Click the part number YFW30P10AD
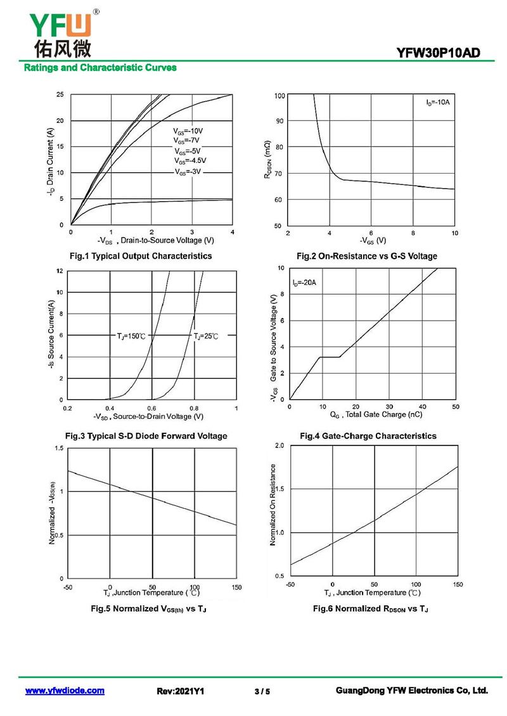(438, 53)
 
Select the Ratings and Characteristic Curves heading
(100, 68)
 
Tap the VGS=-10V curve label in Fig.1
(188, 131)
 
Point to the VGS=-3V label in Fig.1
(188, 172)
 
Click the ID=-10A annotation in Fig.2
(437, 102)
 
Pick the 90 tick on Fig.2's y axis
(279, 121)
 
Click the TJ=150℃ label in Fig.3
(131, 336)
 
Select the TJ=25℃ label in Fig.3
(206, 336)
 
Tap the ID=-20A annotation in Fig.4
(304, 283)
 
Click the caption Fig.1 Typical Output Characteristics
(141, 256)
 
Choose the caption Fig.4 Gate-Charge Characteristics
(368, 436)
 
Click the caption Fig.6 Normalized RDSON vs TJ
(371, 609)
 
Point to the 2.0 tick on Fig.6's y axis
(279, 445)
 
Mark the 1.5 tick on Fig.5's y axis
(60, 449)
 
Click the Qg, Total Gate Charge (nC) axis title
(376, 414)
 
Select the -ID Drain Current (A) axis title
(50, 162)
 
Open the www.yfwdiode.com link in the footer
(65, 691)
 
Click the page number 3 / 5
(262, 691)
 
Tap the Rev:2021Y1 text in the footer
(181, 691)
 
